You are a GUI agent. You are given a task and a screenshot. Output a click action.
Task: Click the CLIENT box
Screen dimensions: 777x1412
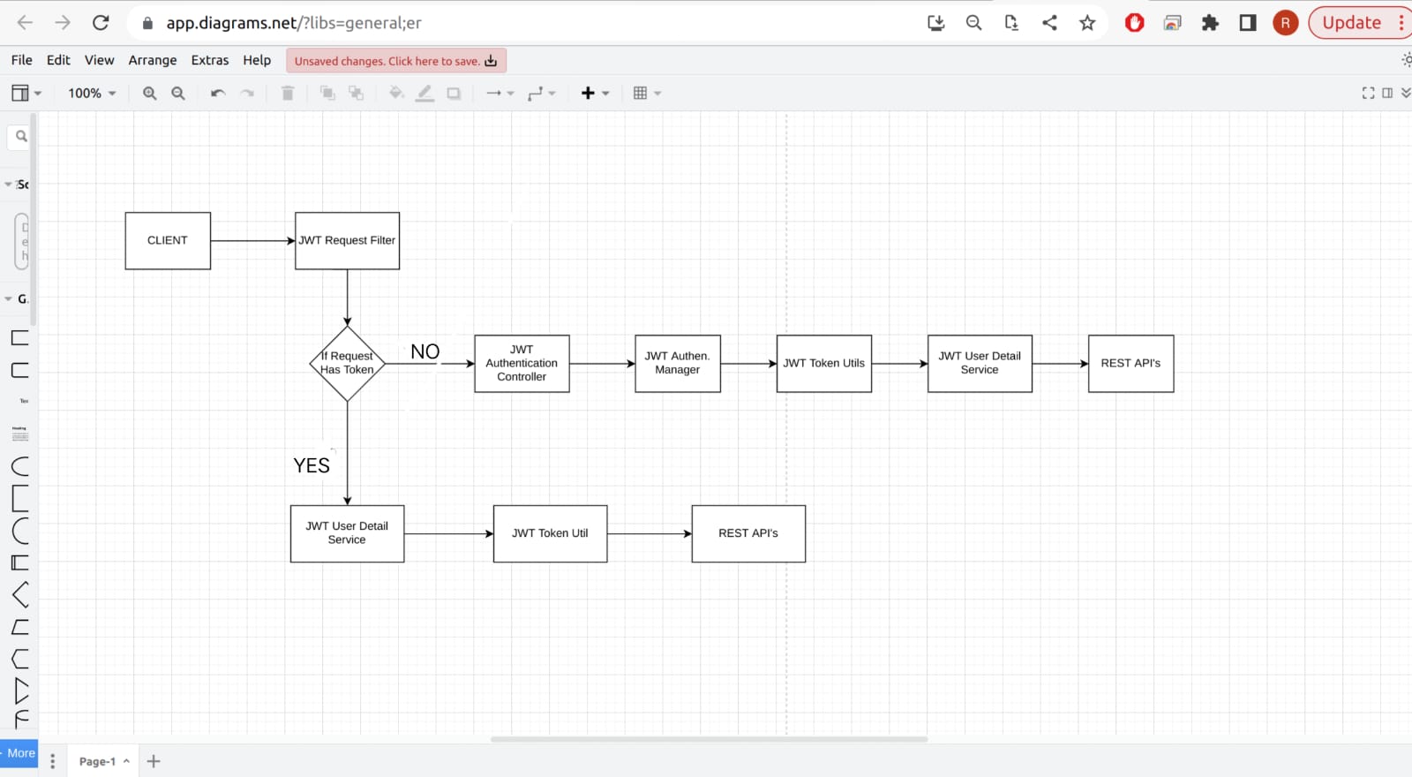(x=168, y=240)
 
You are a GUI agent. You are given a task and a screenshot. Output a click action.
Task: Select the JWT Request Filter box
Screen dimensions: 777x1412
(x=347, y=240)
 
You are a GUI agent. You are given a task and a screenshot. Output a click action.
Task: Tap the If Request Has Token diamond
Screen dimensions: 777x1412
(x=347, y=363)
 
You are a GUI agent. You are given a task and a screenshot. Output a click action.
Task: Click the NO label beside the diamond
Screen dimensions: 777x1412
(x=424, y=351)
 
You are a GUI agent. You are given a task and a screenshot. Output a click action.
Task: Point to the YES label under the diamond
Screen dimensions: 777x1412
(x=312, y=465)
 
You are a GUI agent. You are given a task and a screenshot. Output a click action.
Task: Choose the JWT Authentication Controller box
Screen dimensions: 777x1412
(x=522, y=363)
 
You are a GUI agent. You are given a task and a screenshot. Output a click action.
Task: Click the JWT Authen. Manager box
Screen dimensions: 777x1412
(x=677, y=363)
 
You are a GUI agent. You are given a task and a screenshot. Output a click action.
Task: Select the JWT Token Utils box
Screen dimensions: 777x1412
(x=823, y=363)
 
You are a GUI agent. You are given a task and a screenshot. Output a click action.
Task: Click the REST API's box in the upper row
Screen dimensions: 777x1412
(x=1130, y=363)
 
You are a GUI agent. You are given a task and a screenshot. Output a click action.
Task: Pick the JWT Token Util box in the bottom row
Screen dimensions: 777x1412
(x=550, y=533)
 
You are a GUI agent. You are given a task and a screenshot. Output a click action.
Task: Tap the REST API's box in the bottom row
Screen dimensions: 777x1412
(x=748, y=533)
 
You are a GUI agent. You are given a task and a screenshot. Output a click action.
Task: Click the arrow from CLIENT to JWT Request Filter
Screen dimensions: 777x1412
(x=252, y=240)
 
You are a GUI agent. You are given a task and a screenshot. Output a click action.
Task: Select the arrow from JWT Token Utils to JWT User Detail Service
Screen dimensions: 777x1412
(x=899, y=363)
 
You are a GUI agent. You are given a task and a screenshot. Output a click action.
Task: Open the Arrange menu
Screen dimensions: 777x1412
(x=153, y=60)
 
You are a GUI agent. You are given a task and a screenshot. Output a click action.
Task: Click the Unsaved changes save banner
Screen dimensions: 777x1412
(x=395, y=61)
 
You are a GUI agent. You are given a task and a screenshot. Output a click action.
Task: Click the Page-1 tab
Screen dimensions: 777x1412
(x=98, y=761)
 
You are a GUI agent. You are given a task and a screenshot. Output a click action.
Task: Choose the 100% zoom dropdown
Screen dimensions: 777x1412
(x=92, y=93)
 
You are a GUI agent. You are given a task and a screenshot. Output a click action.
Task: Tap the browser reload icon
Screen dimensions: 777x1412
(x=101, y=23)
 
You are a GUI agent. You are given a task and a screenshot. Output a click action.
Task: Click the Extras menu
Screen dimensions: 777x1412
(x=210, y=60)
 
